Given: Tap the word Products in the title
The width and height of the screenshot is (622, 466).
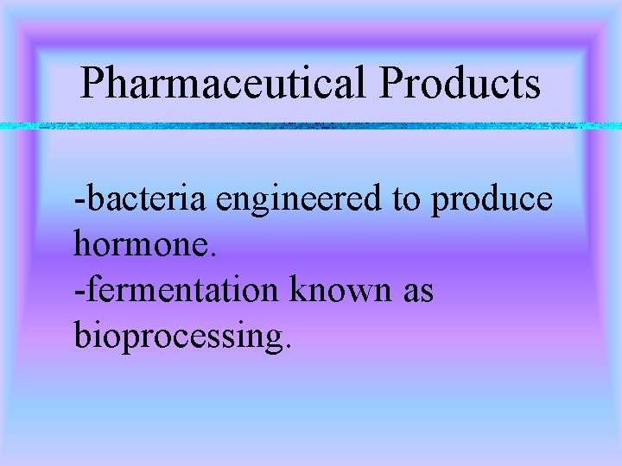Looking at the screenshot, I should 460,84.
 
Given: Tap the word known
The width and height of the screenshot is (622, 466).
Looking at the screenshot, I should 333,291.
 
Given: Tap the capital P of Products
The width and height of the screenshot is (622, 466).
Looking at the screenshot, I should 390,84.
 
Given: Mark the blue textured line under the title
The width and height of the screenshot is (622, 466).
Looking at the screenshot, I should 311,126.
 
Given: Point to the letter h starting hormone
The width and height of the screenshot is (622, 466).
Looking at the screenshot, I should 84,245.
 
